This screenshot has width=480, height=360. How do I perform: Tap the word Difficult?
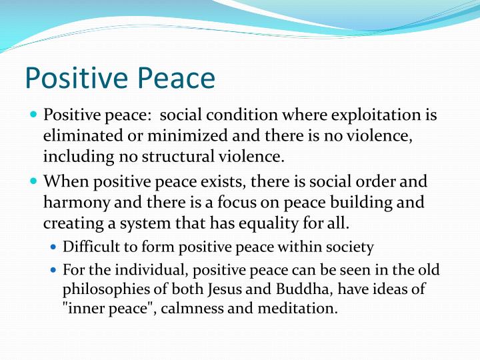[89, 247]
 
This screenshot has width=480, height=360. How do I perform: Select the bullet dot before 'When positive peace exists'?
[34, 181]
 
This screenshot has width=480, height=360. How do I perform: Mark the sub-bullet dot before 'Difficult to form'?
[54, 247]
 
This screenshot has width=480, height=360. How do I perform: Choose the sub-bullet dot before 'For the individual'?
[54, 270]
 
